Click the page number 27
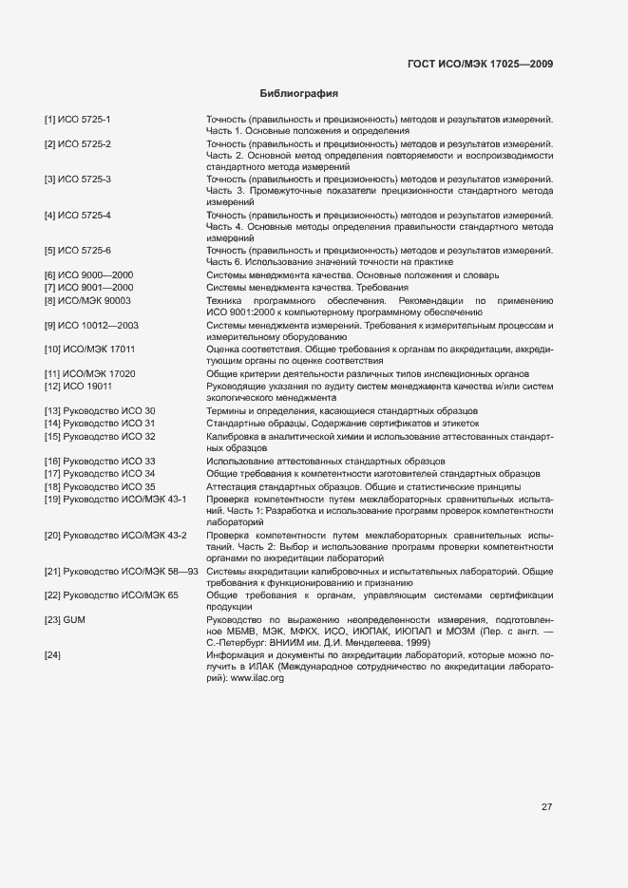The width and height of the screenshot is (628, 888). pos(547,806)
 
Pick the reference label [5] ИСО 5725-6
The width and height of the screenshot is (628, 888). pos(78,250)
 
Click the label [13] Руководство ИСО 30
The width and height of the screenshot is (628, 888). pos(100,410)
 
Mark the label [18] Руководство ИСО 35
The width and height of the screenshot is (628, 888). pos(100,485)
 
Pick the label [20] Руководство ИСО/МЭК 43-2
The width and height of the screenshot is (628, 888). pos(115,535)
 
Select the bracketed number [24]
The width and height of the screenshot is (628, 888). pos(52,655)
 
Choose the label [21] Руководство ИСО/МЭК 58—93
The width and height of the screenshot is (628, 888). pos(121,570)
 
